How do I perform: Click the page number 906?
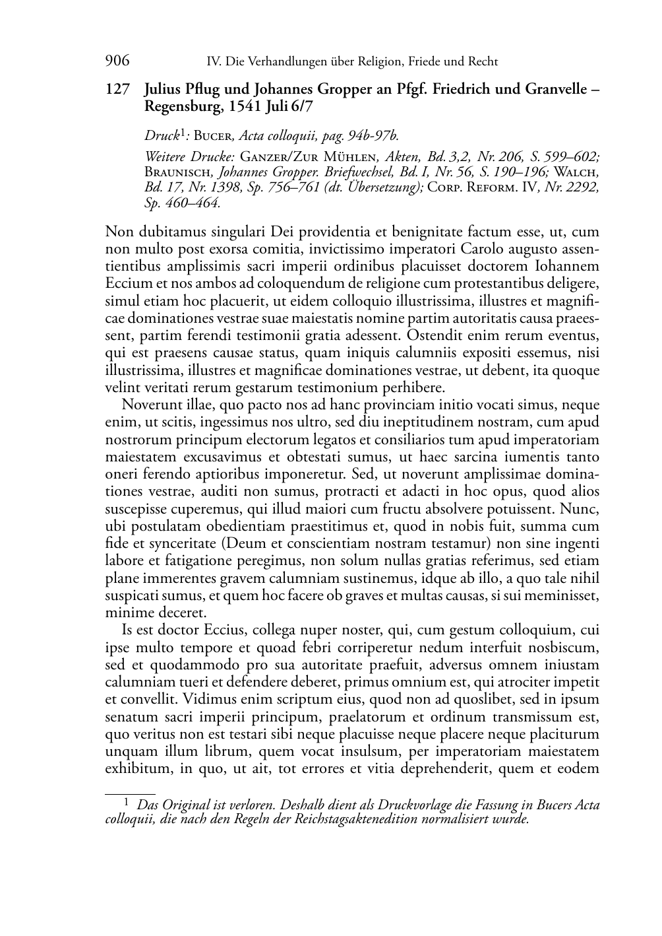point(117,61)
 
